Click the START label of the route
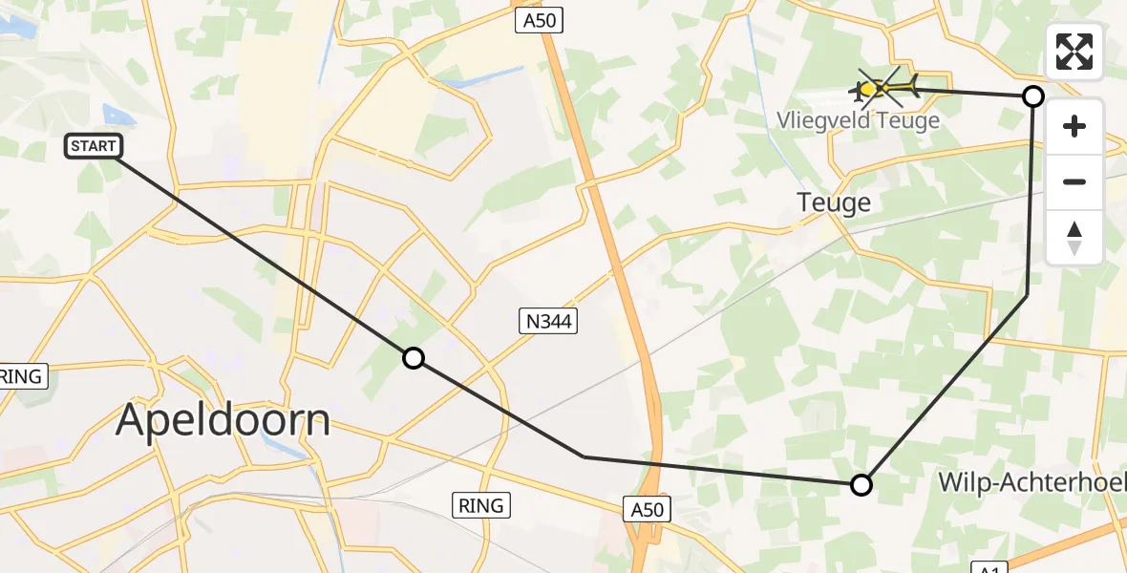pos(94,146)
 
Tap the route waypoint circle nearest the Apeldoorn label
pos(413,358)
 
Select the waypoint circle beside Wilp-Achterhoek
pos(861,485)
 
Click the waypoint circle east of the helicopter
pos(1032,95)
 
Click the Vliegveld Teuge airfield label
pos(858,120)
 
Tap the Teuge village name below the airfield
pos(834,202)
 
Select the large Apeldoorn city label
pos(223,420)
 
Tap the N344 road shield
pos(549,322)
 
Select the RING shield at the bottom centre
pos(481,505)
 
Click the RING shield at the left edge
pos(21,376)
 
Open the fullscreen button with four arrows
pos(1074,52)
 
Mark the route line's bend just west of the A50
pos(584,456)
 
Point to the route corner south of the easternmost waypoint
pos(1027,296)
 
